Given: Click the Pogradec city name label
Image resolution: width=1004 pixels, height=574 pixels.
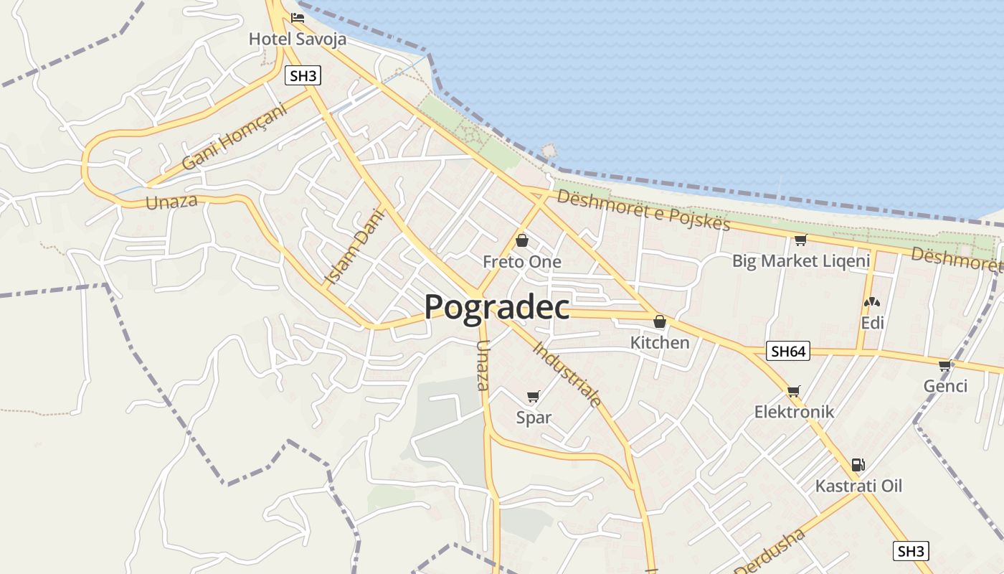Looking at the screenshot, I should (497, 307).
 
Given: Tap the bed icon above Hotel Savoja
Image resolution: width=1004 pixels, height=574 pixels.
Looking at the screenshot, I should (298, 18).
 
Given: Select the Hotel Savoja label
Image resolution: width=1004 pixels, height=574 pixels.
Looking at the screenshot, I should (297, 39).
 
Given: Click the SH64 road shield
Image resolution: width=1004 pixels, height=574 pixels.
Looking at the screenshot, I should (787, 351).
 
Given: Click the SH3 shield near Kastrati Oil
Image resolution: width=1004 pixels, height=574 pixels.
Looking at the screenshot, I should (911, 551).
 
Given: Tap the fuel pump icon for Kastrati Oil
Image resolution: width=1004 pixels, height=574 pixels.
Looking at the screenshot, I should (858, 464).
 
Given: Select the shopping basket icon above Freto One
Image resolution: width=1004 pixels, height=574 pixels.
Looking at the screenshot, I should (522, 240).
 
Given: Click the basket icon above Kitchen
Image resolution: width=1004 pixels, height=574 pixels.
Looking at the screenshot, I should (659, 321).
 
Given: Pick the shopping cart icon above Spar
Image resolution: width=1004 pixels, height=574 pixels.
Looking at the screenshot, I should (533, 396).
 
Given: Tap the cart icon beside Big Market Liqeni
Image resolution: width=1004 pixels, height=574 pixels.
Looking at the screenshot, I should (800, 240).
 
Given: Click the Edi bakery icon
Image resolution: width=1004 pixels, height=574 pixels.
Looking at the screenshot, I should (872, 303).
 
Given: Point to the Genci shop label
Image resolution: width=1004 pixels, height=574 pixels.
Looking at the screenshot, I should (945, 386).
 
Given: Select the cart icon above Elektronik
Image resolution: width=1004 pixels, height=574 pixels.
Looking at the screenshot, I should (793, 391).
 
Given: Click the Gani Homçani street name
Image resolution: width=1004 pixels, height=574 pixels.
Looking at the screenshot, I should (234, 136).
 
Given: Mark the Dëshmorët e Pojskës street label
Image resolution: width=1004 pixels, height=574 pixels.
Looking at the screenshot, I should (643, 210).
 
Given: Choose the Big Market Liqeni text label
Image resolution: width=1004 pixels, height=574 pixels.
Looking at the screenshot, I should (800, 261).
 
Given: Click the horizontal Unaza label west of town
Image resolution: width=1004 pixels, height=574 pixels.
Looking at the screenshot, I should (171, 202).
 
